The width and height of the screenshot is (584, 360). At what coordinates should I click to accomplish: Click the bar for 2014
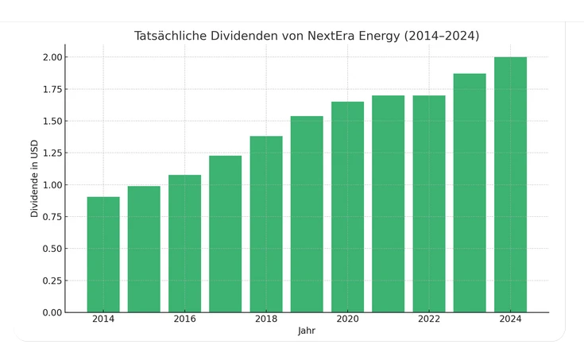tap(103, 254)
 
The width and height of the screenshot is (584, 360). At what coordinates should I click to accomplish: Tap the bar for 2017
tap(226, 234)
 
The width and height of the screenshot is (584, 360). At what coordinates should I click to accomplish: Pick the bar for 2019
tap(307, 214)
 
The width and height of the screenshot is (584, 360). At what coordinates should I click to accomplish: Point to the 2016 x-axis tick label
tap(184, 319)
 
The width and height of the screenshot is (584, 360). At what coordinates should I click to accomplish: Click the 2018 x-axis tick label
tap(266, 319)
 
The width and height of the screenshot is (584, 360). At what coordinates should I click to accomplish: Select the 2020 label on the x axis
tap(347, 319)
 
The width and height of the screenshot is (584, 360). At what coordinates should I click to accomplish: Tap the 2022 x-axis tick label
tap(429, 319)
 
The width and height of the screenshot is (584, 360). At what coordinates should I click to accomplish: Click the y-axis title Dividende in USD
tap(34, 184)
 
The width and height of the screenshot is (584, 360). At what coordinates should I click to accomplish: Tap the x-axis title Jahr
tap(307, 331)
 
